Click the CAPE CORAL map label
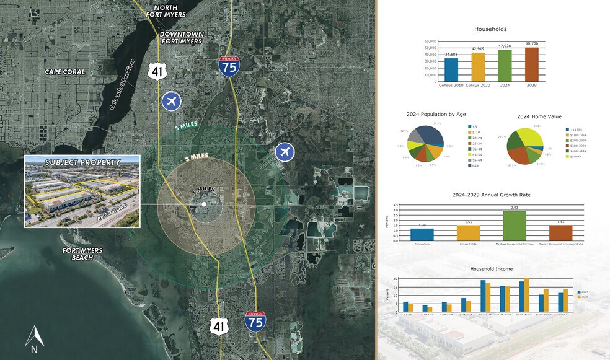pos(64,72)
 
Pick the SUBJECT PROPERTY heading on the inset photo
pos(82,162)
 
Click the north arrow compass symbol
pos(34,338)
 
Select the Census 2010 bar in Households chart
pos(451,70)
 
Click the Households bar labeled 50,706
pos(532,64)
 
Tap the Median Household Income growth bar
pos(514,226)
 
